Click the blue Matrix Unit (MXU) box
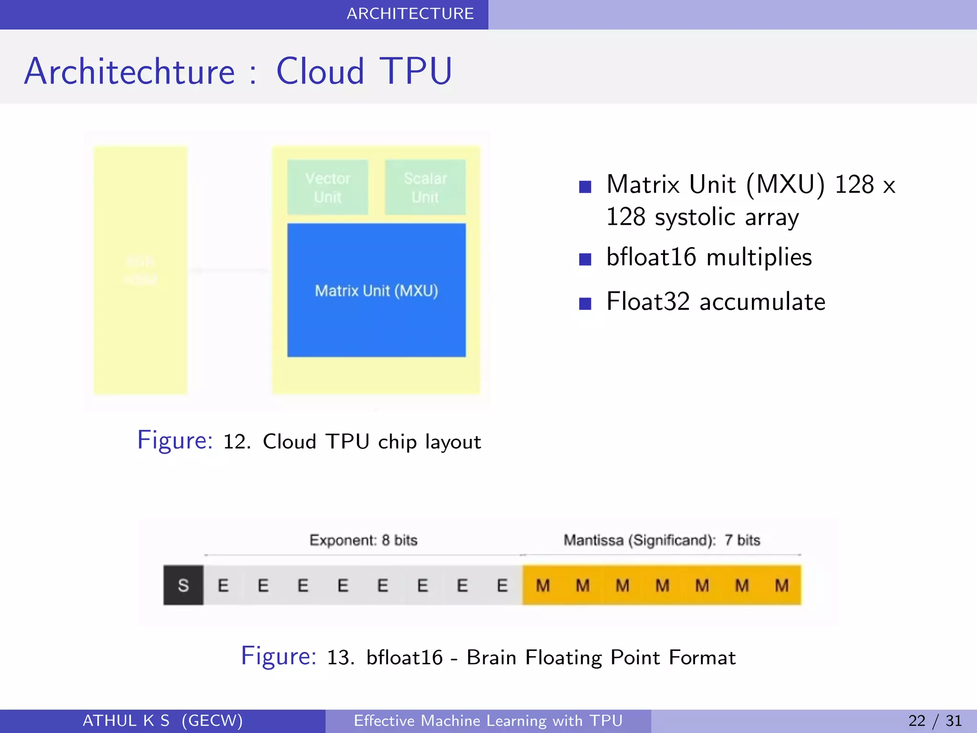tap(376, 290)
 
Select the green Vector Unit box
tap(328, 187)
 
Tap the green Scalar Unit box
tap(425, 187)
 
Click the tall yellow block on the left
tap(140, 270)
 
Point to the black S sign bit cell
tap(183, 585)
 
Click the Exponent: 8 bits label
tap(363, 540)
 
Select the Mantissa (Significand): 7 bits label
tap(662, 540)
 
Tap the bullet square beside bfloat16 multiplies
tap(585, 259)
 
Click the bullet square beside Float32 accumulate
tap(585, 304)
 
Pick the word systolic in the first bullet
tap(695, 218)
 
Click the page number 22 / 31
tap(935, 721)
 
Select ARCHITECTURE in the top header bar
tap(410, 14)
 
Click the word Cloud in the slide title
tap(320, 72)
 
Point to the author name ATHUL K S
tap(126, 721)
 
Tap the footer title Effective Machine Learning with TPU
tap(488, 721)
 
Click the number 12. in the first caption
tap(237, 442)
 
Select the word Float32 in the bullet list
tap(648, 302)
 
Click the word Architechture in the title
tap(129, 72)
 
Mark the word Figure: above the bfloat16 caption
tap(279, 656)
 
